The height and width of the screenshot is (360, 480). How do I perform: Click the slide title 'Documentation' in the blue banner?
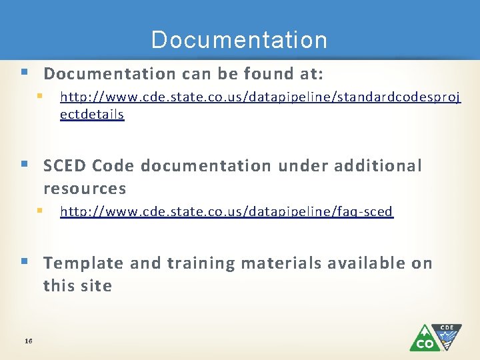coord(239,40)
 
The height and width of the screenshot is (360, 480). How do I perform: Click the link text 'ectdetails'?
coord(92,114)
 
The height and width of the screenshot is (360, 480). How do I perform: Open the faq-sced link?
coord(227,212)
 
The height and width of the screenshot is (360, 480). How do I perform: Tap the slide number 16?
coord(28,341)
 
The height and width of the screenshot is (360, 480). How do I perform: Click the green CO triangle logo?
coord(424,339)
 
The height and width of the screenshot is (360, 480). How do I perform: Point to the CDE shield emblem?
coord(450,335)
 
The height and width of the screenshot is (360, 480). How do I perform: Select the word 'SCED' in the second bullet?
coord(65,165)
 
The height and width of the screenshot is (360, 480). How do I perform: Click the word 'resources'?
coord(85,189)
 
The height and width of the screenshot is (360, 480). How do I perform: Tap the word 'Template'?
coord(83,263)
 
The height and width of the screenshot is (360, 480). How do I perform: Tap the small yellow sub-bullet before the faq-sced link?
coord(40,211)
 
